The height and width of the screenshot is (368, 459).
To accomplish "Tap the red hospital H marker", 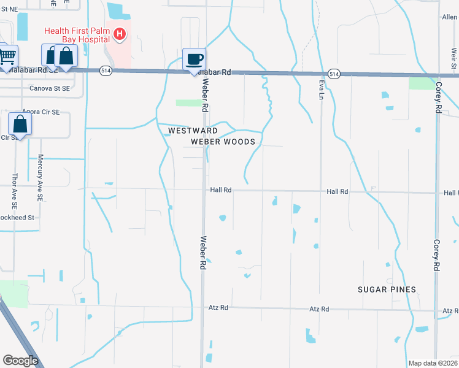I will click(x=120, y=33).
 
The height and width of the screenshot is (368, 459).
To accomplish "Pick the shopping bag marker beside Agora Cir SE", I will click(x=20, y=125).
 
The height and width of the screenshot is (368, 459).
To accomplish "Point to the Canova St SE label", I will click(x=52, y=88).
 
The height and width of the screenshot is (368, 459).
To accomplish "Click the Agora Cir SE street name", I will click(x=40, y=112).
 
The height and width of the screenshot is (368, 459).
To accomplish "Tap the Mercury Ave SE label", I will click(x=40, y=178).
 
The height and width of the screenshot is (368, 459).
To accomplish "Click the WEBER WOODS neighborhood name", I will click(x=222, y=142).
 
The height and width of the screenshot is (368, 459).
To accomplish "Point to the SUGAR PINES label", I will click(x=387, y=289).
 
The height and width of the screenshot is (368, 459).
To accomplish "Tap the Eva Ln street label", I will click(x=321, y=89).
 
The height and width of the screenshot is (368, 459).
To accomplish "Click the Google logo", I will click(x=20, y=361).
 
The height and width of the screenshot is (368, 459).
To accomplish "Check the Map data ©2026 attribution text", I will click(x=432, y=363).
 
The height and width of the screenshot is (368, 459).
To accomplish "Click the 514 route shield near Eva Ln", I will click(x=333, y=73).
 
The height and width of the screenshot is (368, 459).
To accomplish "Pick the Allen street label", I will click(x=450, y=18).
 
